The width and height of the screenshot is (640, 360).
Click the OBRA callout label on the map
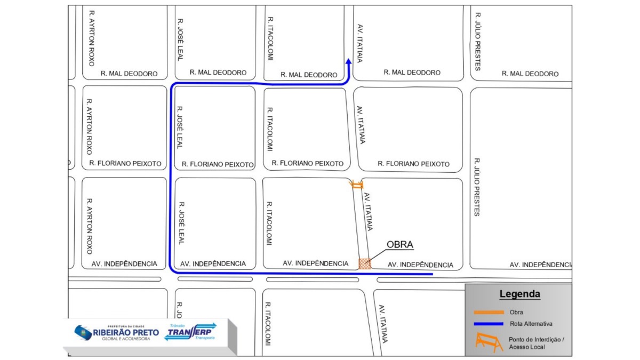click(x=400, y=245)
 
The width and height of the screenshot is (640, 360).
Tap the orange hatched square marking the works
click(x=365, y=263)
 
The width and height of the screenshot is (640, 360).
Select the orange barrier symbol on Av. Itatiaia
click(x=356, y=185)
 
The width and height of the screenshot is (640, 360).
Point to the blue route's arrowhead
click(x=348, y=61)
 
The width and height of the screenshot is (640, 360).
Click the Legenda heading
click(x=519, y=294)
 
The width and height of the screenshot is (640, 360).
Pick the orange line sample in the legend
click(x=489, y=313)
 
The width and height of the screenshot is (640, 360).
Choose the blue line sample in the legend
click(x=489, y=324)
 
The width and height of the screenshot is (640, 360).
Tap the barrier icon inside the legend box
click(x=489, y=342)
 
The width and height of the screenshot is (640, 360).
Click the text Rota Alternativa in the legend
click(x=531, y=324)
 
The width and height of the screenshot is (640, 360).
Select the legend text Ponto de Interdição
click(x=536, y=339)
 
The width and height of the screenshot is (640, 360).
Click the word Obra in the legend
click(x=516, y=313)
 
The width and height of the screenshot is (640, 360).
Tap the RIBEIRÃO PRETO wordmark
click(x=126, y=332)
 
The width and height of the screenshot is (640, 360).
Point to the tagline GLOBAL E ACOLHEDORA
click(x=126, y=339)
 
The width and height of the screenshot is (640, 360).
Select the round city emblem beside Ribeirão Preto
click(x=83, y=333)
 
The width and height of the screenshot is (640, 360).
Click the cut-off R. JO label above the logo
click(x=180, y=309)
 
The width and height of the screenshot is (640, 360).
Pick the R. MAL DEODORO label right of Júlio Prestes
click(x=530, y=74)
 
